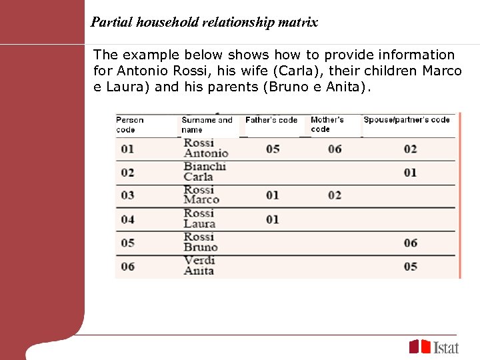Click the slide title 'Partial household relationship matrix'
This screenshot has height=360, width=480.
click(x=204, y=23)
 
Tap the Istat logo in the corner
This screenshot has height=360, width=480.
click(x=434, y=347)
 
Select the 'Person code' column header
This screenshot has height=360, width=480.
click(x=130, y=125)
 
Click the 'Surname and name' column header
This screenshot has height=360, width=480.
click(x=207, y=125)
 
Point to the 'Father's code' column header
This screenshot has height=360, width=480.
click(x=271, y=120)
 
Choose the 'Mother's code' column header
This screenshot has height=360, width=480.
click(x=327, y=125)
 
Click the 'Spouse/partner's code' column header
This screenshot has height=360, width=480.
click(x=407, y=120)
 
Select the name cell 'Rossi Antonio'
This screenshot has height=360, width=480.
click(x=205, y=149)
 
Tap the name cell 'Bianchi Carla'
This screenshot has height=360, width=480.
click(x=205, y=172)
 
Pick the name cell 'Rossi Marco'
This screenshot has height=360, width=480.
click(x=201, y=195)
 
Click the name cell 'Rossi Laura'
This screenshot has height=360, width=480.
click(x=199, y=219)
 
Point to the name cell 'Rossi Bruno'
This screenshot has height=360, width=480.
click(x=201, y=243)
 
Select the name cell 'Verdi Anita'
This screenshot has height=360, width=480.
click(x=199, y=266)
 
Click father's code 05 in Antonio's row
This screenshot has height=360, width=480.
click(x=273, y=149)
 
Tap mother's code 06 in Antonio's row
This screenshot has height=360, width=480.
click(x=335, y=149)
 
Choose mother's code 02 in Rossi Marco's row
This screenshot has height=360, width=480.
click(x=335, y=195)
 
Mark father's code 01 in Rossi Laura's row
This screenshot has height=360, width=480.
click(x=273, y=219)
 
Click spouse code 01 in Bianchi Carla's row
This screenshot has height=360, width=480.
click(x=410, y=173)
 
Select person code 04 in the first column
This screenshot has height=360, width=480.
click(x=127, y=219)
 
